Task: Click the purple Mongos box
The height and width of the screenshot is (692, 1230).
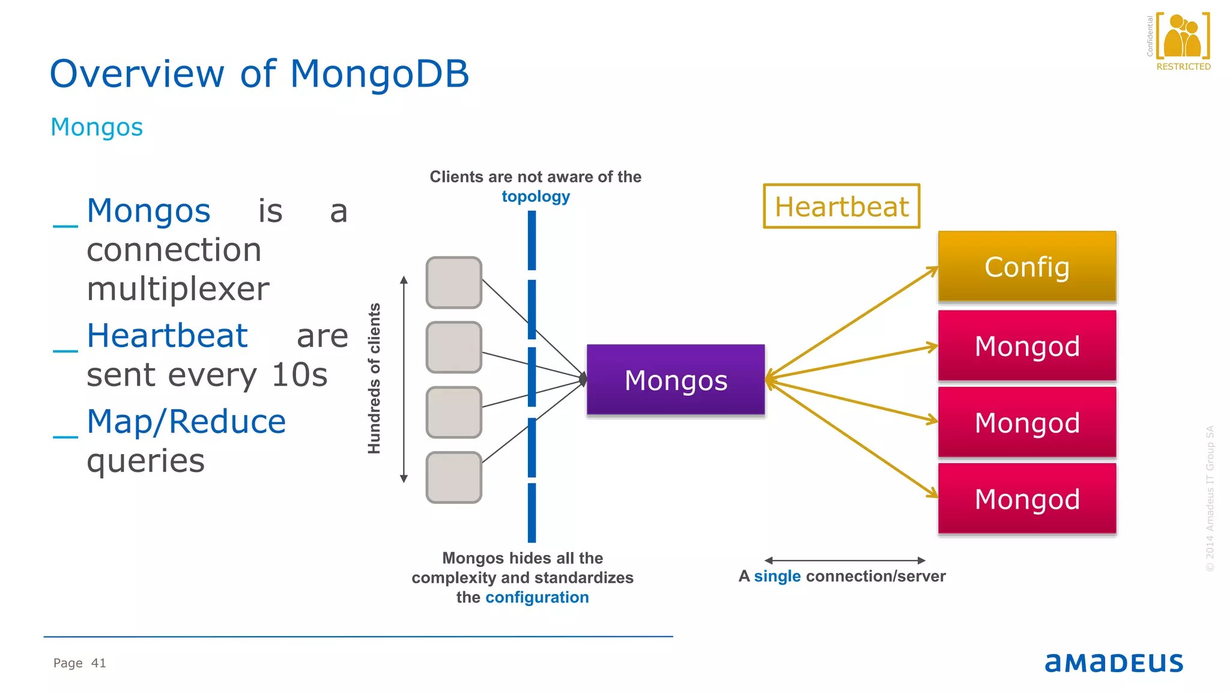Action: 676,380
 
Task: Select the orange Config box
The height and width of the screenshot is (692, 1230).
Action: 1027,266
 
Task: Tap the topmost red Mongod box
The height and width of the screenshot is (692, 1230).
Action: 1027,346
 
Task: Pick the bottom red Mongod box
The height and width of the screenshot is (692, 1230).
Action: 1027,499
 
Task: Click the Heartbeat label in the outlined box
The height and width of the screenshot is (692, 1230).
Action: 841,207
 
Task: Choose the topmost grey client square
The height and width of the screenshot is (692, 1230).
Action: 453,282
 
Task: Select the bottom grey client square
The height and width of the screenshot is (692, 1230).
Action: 453,478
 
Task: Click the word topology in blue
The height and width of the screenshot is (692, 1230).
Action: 536,196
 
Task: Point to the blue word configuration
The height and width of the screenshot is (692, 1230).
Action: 537,597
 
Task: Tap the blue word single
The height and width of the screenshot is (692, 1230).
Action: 777,576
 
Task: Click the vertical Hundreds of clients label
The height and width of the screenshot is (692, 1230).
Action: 374,378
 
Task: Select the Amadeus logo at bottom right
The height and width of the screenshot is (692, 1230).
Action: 1113,663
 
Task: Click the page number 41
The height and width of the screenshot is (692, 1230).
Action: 98,663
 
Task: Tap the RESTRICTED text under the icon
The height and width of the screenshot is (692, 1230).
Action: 1183,67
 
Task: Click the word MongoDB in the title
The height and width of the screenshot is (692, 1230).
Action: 379,74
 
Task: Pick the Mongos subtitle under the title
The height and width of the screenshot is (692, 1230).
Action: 97,127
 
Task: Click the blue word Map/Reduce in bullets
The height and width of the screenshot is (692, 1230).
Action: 186,421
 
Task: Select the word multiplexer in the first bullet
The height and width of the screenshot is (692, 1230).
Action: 178,289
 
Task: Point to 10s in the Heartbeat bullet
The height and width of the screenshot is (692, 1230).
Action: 299,375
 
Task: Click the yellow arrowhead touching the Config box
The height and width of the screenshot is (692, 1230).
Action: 933,271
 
